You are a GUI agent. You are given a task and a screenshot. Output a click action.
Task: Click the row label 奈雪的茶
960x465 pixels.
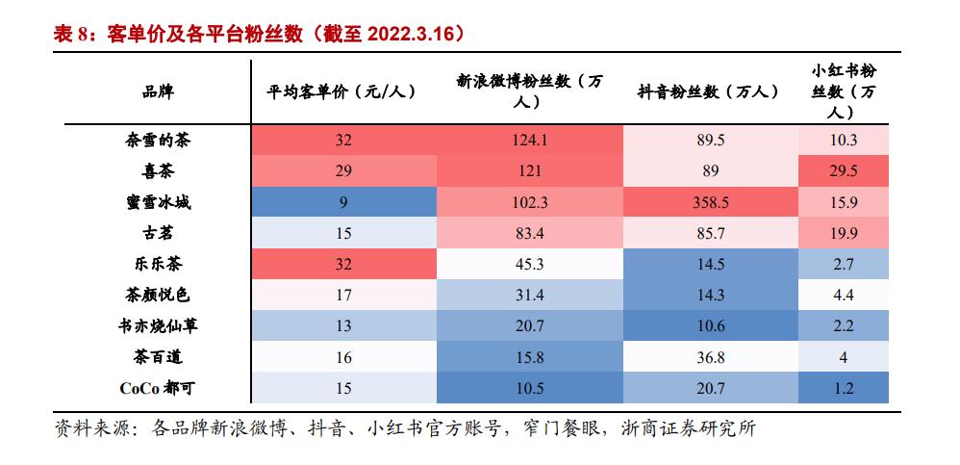[x=157, y=140]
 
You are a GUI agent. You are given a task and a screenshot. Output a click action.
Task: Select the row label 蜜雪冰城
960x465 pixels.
[x=157, y=201]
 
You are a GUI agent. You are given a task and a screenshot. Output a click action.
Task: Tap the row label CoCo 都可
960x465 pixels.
[x=157, y=388]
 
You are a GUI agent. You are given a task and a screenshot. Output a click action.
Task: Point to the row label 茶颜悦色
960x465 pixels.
[x=157, y=295]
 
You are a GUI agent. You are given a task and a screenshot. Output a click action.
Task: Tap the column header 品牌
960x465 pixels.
[x=157, y=92]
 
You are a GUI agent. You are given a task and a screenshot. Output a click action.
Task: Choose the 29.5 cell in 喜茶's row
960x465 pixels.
[x=843, y=170]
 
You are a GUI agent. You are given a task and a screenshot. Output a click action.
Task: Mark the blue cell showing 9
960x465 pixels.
[x=344, y=201]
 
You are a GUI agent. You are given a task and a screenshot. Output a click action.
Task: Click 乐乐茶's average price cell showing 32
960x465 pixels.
[x=344, y=264]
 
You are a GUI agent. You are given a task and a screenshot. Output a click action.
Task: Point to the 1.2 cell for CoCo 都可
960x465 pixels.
[x=843, y=388]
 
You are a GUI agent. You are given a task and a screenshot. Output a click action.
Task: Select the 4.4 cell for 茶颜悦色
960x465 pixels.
[x=843, y=295]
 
